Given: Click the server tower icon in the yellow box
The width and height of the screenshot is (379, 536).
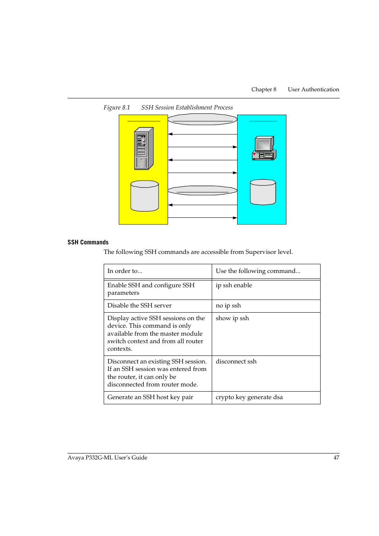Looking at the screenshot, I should [144, 148].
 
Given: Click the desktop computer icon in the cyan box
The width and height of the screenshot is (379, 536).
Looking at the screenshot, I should [264, 148].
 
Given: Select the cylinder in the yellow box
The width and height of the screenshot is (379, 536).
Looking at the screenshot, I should [145, 196].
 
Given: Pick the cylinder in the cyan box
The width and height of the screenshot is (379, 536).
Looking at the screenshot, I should [263, 192].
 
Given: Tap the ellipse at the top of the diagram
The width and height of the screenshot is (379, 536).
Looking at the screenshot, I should [202, 119].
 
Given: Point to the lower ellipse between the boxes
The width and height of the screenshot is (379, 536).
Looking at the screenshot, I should [202, 190].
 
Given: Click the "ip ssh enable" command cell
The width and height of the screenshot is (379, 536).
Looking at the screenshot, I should [234, 285].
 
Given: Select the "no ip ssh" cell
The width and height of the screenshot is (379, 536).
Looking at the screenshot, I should [228, 305].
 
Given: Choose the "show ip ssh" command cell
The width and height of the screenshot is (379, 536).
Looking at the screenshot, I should [232, 318].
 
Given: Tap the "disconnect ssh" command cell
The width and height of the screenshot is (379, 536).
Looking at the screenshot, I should [236, 361].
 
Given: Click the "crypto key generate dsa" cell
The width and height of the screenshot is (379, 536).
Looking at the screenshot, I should [249, 397].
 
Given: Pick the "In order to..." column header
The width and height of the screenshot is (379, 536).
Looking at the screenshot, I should [125, 271].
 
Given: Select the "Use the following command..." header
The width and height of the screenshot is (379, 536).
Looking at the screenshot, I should [258, 271].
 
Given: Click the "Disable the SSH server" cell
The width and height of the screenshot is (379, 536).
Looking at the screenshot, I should [139, 305].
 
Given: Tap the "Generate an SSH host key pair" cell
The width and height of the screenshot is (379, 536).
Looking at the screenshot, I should [150, 397].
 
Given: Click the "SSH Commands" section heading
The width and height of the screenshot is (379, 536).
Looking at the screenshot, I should [88, 242].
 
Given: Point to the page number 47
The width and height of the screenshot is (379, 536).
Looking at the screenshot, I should [336, 457].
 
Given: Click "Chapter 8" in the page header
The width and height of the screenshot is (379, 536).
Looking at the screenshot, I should [263, 89].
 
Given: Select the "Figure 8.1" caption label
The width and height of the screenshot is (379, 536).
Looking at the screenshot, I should [117, 108].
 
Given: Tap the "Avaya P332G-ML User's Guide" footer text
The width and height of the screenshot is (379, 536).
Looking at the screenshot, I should [107, 457].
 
